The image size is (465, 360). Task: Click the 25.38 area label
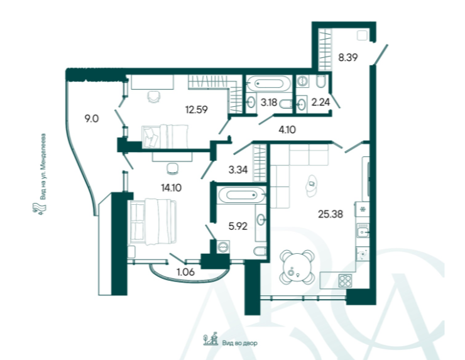point(331,214)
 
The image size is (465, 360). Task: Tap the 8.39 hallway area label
point(348,57)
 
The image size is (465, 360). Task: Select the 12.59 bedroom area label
point(196,110)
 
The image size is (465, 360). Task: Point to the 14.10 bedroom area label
point(171,188)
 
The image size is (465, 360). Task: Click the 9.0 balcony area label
point(92,119)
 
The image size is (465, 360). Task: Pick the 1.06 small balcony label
point(185,271)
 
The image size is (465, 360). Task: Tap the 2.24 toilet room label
point(320,102)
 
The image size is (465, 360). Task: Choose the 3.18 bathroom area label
point(269,102)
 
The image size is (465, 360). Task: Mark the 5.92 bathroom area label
point(238,226)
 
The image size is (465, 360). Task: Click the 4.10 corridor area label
point(287,129)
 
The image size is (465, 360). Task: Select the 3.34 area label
point(238,170)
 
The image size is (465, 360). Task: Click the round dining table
point(297,268)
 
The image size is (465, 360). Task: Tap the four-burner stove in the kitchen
point(345,281)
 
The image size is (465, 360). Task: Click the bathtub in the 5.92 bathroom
point(241,195)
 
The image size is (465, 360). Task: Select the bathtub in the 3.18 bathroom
point(269,84)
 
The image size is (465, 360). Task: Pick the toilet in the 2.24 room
point(320,81)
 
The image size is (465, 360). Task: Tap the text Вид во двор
point(239,343)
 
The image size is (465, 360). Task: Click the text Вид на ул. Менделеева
point(43,166)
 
